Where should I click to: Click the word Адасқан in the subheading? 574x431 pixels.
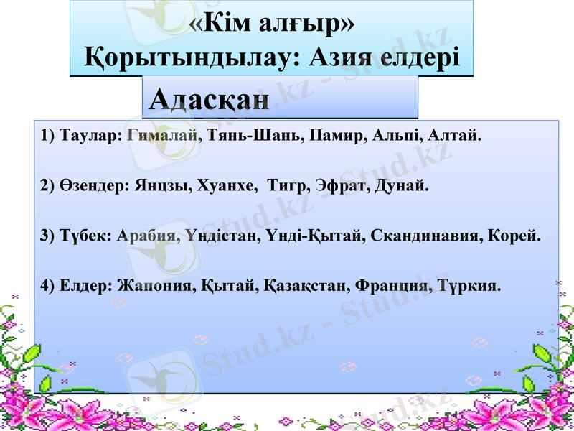[x=210, y=98]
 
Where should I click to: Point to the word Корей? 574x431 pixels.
[x=515, y=236]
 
